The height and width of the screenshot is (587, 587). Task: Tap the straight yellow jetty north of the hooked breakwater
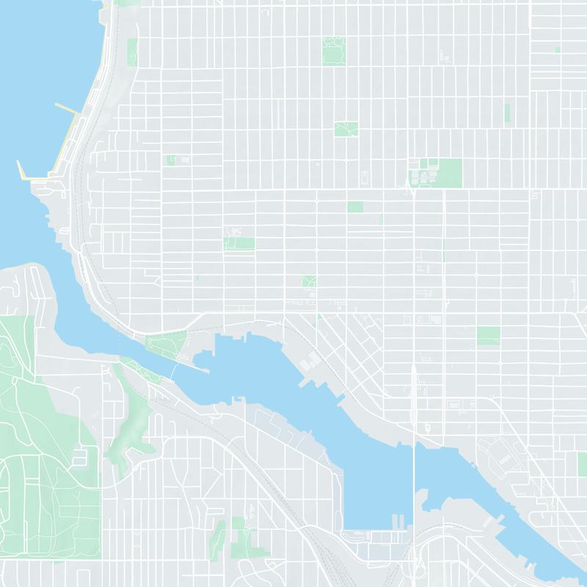point(68,110)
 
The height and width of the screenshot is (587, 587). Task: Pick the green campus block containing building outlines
point(435,172)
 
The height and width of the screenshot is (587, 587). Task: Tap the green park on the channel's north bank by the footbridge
point(166,343)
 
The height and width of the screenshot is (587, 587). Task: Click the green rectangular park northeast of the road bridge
point(488,335)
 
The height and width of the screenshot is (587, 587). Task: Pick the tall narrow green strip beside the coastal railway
point(132,51)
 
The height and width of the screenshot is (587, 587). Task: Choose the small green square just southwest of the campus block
point(355,207)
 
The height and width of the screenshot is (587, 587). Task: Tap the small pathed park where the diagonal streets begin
point(309,282)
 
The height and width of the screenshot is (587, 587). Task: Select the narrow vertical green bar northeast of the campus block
point(506,112)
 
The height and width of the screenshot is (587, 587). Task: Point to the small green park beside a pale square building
point(238,243)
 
